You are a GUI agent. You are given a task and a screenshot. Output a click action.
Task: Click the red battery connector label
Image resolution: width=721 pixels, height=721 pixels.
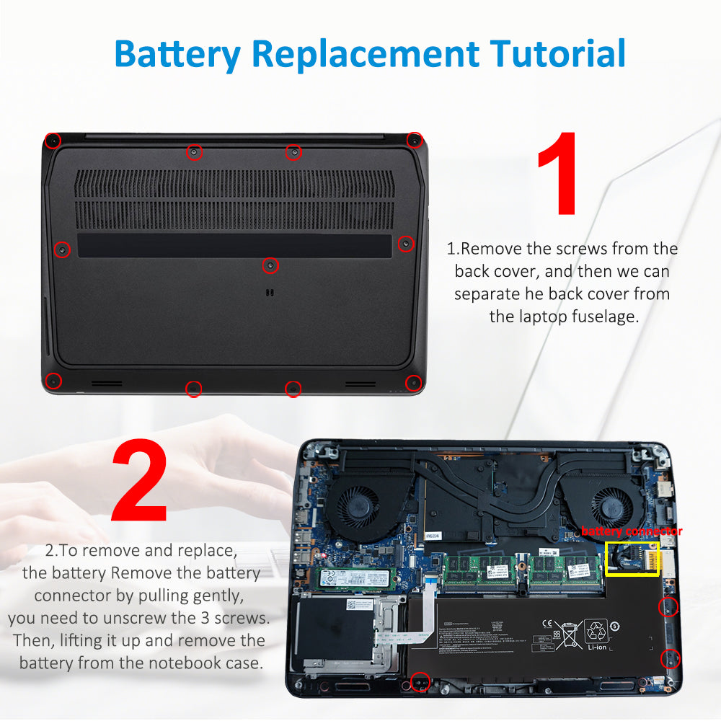tap(632, 531)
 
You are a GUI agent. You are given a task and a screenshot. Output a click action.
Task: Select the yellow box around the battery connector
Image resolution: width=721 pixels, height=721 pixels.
tap(632, 559)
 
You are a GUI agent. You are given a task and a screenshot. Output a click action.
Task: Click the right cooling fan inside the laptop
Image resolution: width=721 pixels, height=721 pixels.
tap(606, 500)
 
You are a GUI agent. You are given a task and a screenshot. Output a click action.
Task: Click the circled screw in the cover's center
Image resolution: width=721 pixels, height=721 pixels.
tap(270, 265)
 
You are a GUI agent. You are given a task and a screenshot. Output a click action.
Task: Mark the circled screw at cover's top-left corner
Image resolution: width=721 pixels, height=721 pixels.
tap(52, 140)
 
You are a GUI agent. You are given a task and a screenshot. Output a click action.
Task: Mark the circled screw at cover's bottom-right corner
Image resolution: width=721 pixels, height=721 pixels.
tap(412, 382)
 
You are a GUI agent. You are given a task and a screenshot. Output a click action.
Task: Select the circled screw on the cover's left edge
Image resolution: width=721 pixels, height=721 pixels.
tap(63, 249)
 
